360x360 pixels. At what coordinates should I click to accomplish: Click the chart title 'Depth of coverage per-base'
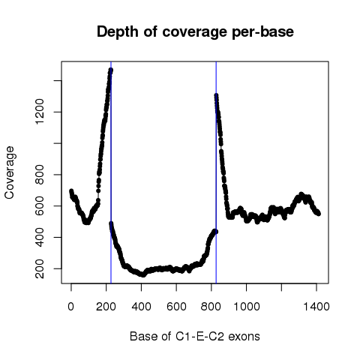195,32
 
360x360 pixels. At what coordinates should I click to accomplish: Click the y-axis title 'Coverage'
9,172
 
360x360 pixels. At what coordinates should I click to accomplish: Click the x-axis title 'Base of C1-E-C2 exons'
195,336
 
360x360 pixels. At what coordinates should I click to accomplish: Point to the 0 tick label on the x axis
71,306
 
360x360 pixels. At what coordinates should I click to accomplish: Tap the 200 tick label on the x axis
106,306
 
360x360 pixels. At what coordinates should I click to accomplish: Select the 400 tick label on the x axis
141,306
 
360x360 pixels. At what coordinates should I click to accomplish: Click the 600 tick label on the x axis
176,306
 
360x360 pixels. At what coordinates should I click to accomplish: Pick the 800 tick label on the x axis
211,306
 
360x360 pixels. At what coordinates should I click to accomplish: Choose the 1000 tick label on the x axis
247,306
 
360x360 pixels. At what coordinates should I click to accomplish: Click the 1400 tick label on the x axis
316,306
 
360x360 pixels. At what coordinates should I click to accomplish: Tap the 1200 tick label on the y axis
40,112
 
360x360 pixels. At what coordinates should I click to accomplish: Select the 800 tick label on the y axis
40,175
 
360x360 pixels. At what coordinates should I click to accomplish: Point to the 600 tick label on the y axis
40,205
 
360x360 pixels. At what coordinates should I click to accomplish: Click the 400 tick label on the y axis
40,237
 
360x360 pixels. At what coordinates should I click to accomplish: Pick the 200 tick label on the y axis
40,268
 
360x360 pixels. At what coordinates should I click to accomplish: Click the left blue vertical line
111,172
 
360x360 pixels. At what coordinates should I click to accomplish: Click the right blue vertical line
216,172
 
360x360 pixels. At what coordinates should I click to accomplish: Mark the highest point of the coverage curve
110,70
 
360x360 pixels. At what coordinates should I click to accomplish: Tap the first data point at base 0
71,191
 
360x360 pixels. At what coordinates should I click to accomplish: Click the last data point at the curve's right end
319,214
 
